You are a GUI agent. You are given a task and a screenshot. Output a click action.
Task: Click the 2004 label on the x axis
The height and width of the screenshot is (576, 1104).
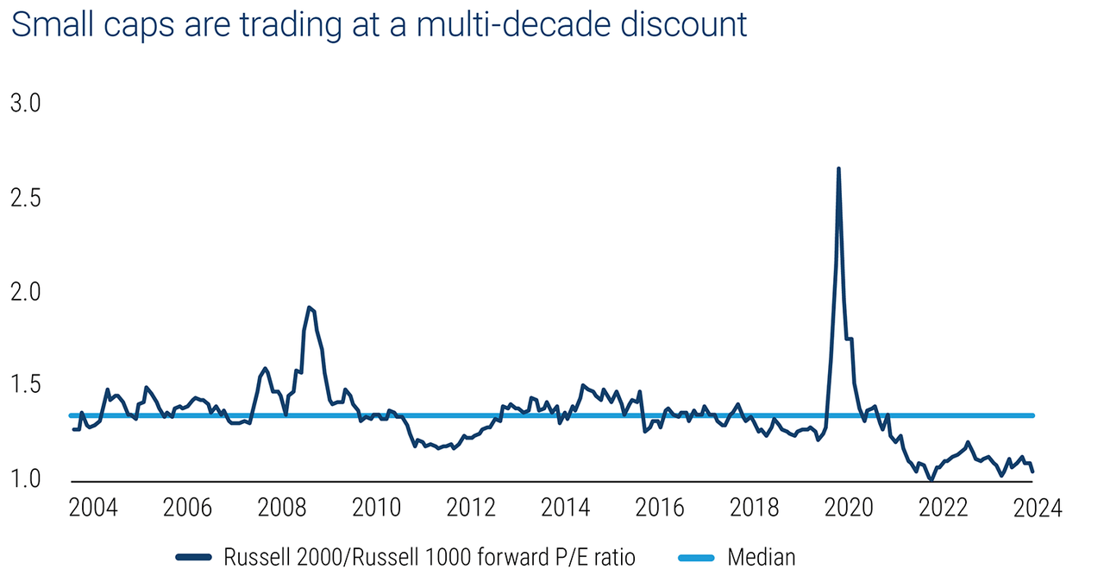pyautogui.click(x=92, y=508)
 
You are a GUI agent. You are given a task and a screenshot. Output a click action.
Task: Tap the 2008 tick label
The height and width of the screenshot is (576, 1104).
pyautogui.click(x=281, y=508)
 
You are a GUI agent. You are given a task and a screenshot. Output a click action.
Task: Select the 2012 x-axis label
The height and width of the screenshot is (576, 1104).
pyautogui.click(x=470, y=508)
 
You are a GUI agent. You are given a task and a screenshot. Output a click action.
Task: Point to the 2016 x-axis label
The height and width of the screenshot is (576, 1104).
pyautogui.click(x=660, y=508)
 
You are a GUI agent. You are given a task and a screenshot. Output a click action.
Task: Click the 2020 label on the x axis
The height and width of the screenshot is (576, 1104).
pyautogui.click(x=850, y=508)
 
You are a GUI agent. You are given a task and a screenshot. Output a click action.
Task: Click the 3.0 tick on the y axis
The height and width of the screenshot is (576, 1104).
pyautogui.click(x=26, y=104)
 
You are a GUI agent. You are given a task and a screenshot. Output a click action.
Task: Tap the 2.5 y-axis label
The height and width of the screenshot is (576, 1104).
pyautogui.click(x=26, y=198)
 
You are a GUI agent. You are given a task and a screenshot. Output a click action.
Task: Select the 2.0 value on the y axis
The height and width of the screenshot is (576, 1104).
pyautogui.click(x=26, y=291)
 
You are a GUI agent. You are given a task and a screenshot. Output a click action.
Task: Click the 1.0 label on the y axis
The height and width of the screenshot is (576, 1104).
pyautogui.click(x=26, y=478)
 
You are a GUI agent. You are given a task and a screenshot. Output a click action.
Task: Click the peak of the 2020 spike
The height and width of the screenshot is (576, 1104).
pyautogui.click(x=838, y=169)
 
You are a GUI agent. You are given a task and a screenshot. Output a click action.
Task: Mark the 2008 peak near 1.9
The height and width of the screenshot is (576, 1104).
pyautogui.click(x=309, y=307)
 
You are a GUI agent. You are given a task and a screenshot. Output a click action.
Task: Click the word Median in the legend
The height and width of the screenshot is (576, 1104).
pyautogui.click(x=762, y=557)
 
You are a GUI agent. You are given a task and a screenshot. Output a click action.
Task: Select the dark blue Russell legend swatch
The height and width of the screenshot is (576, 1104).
pyautogui.click(x=194, y=557)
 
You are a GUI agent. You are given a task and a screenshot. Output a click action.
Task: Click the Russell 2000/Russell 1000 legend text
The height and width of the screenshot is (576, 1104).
pyautogui.click(x=429, y=557)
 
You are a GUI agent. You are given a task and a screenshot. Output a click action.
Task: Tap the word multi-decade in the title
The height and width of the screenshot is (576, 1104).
pyautogui.click(x=486, y=25)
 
